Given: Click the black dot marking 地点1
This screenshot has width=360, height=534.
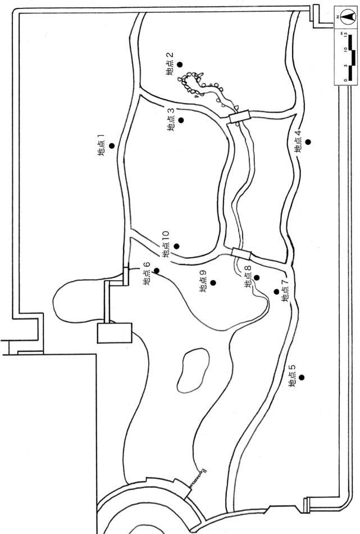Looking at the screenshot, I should click(112, 146).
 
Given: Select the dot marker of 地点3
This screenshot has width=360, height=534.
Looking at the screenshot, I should click(181, 120).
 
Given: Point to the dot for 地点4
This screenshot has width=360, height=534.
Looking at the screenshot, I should click(308, 141).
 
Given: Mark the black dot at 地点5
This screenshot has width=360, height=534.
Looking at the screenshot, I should click(302, 377).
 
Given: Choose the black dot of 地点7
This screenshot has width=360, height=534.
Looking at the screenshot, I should click(276, 291).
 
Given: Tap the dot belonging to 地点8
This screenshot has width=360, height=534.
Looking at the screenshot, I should click(257, 277).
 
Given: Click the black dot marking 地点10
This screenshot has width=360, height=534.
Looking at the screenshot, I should click(176, 246).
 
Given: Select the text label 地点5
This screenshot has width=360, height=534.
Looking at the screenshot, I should click(291, 377).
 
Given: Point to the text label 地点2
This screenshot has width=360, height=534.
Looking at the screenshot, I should click(170, 65).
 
